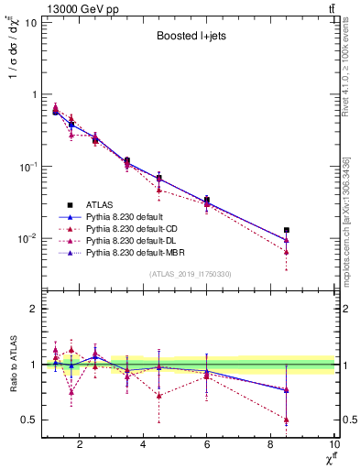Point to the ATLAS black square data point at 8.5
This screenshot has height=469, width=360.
(x=287, y=230)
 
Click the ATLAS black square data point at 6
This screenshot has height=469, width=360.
(x=207, y=200)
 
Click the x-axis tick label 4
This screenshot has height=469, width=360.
(x=143, y=446)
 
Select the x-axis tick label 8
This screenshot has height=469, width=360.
(x=270, y=446)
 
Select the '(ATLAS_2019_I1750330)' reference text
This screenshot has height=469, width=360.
(x=190, y=274)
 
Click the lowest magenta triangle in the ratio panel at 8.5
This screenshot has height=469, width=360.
(x=287, y=420)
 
